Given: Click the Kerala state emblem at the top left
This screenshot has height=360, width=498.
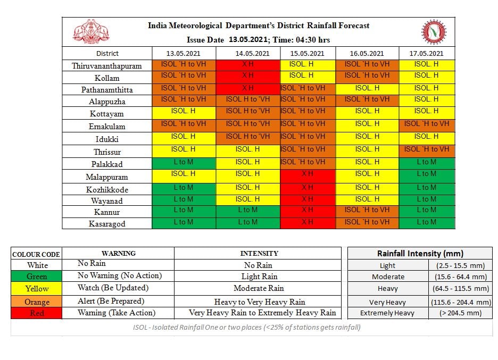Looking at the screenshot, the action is click(x=91, y=31).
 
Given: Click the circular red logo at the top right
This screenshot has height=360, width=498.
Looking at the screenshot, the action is click(x=434, y=32).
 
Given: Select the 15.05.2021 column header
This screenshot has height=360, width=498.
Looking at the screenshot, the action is click(x=307, y=53).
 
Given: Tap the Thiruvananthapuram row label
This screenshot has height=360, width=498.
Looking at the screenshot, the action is click(x=107, y=66).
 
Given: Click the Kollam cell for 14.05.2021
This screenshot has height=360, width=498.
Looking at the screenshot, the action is click(x=248, y=77).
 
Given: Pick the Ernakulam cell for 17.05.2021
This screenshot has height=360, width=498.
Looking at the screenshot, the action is click(x=427, y=125).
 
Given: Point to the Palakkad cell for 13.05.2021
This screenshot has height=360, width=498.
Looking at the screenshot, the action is click(x=184, y=163).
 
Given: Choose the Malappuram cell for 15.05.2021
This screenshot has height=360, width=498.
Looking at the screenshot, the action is click(x=308, y=176).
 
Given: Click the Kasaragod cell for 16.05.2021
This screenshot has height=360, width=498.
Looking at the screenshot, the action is click(x=367, y=223).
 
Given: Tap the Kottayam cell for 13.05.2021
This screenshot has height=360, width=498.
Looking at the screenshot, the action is click(x=184, y=113).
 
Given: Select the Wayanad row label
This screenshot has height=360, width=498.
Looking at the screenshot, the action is click(x=107, y=200).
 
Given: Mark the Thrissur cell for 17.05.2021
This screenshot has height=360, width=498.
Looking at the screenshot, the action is click(x=427, y=152).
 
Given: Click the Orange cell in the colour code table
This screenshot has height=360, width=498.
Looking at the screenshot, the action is click(x=37, y=302).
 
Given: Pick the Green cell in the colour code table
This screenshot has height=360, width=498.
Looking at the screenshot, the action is click(x=37, y=276).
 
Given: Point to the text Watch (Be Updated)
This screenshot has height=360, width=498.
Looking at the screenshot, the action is click(x=113, y=288).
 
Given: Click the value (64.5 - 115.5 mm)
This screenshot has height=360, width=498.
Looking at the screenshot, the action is click(x=461, y=289).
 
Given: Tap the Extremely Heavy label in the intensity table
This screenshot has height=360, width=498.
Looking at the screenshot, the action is click(x=387, y=313).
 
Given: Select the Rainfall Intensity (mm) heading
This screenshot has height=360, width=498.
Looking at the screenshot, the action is click(x=420, y=253).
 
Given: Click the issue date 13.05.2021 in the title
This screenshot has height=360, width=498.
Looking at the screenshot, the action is click(x=248, y=40).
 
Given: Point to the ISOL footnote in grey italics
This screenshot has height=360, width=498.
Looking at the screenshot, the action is click(x=247, y=328).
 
